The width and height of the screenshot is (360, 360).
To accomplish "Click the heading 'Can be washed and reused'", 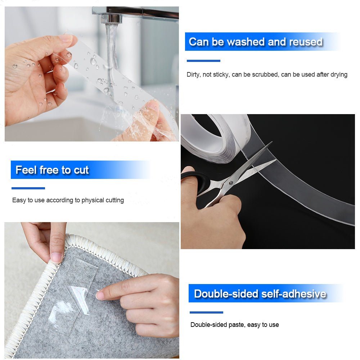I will point(255,42).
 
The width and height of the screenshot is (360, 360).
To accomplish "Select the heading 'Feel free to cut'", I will point(52,170).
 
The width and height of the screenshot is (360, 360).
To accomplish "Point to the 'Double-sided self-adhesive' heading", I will point(260,294).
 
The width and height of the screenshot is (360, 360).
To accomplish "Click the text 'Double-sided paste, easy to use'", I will point(234,325).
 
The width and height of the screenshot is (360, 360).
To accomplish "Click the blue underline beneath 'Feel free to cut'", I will point(28,188).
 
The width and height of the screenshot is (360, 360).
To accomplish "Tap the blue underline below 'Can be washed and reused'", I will point(203,61).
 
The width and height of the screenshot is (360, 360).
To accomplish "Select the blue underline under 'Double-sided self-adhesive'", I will point(206,312).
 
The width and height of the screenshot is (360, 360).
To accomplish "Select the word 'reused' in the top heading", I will point(305,42).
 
